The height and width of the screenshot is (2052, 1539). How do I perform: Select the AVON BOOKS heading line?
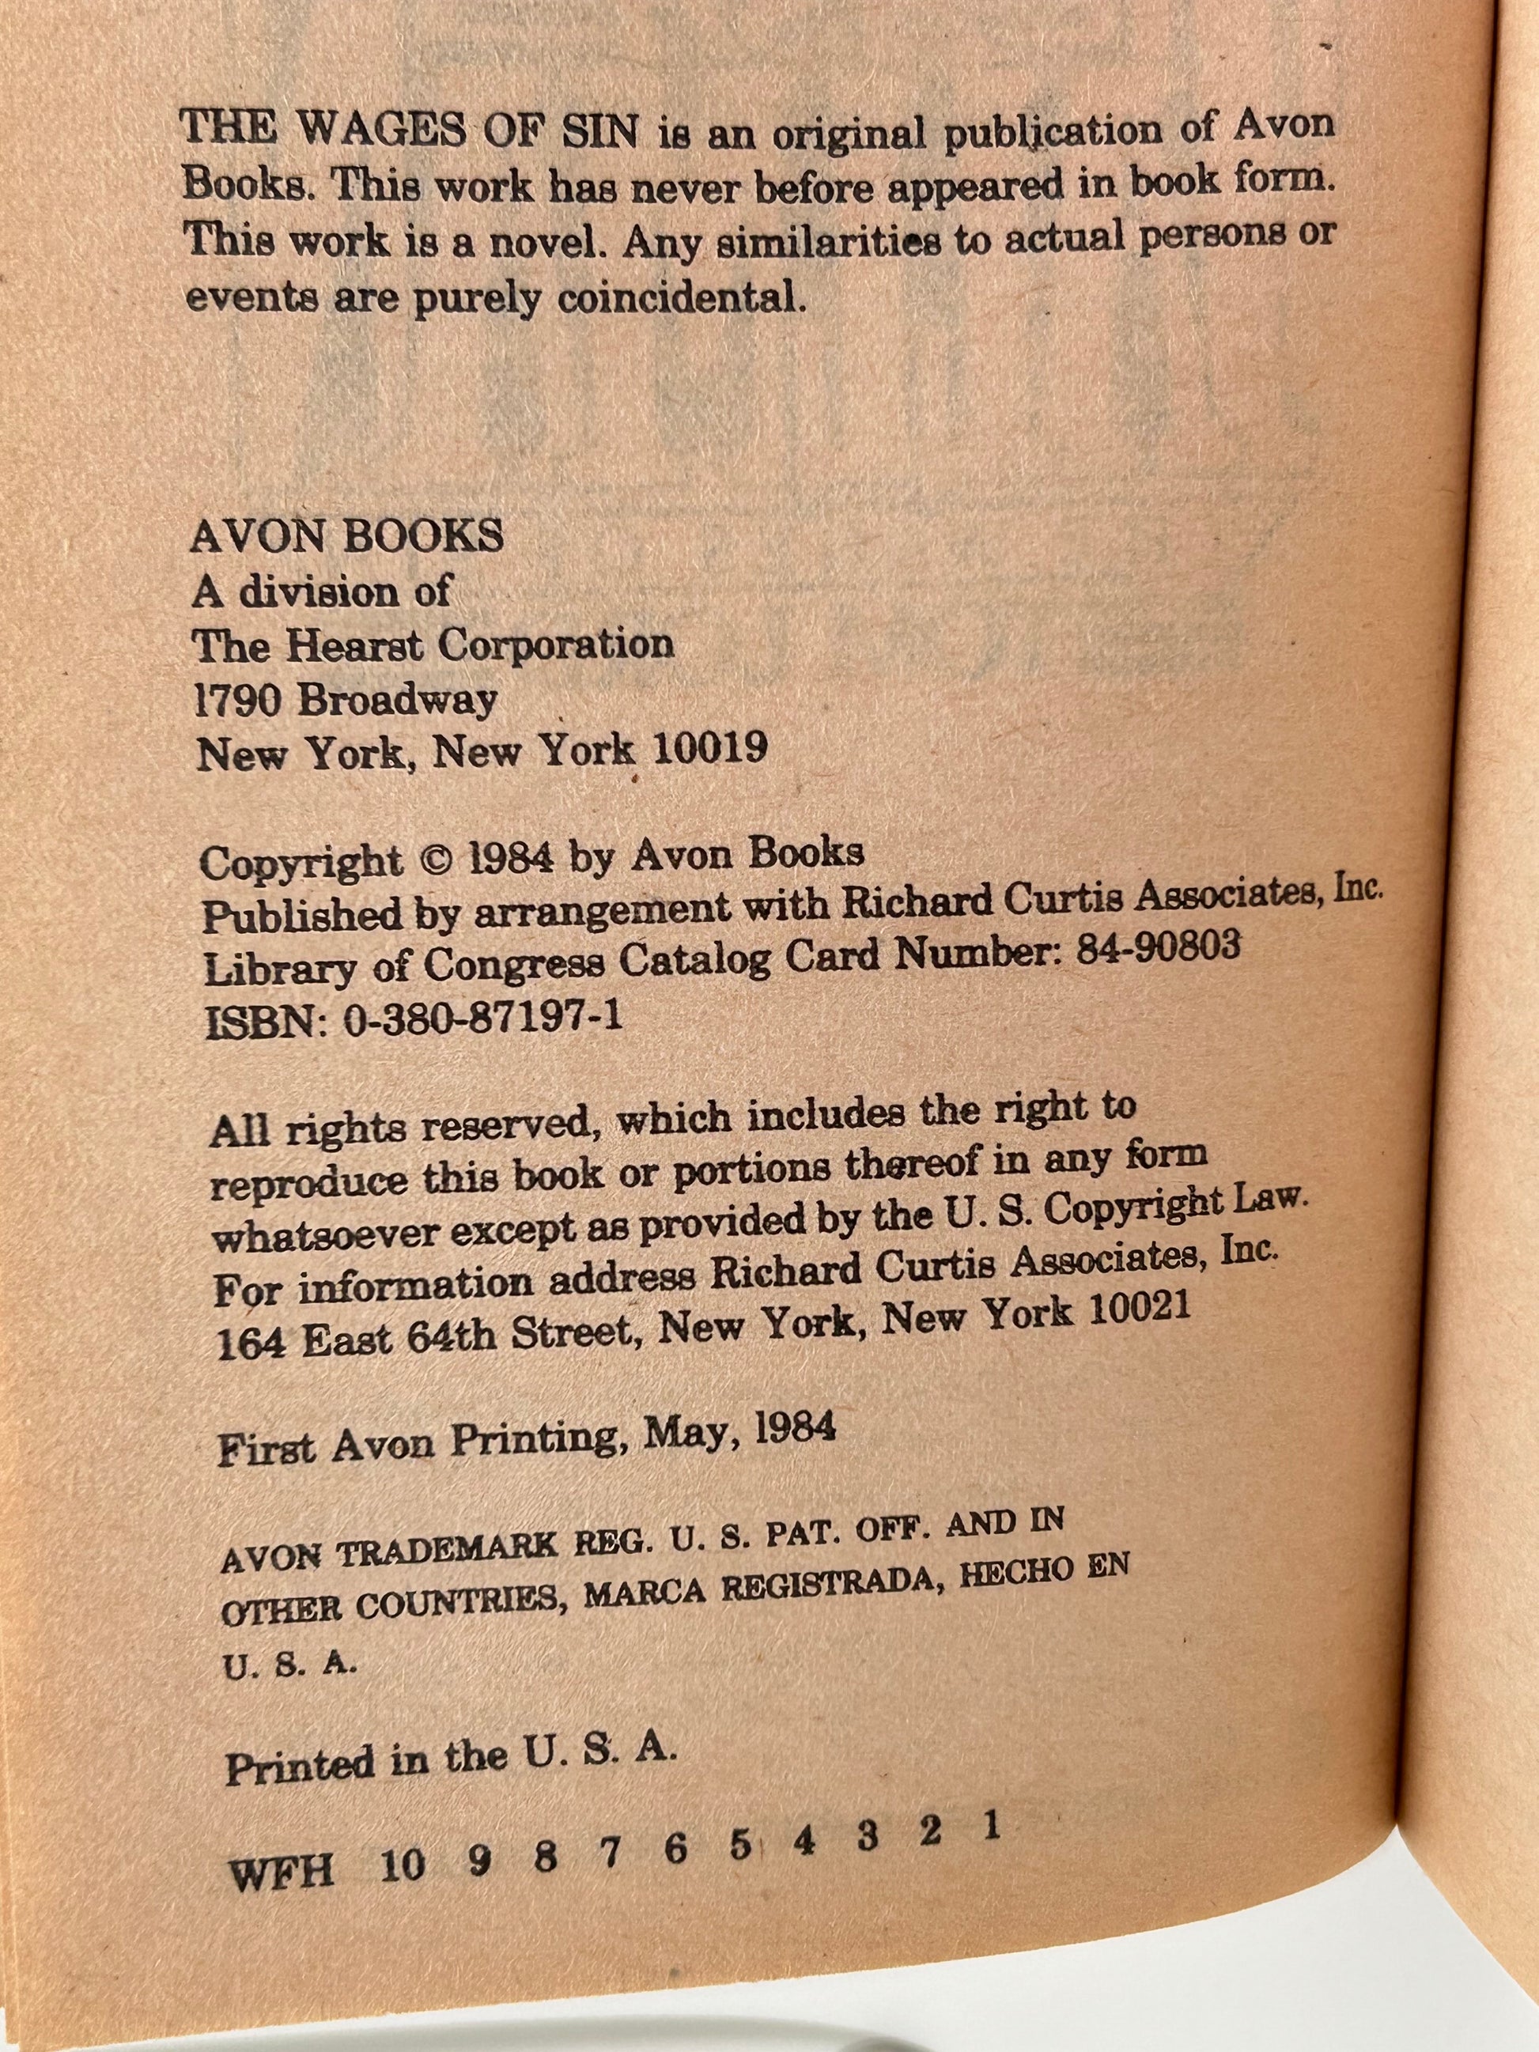click(x=347, y=536)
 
